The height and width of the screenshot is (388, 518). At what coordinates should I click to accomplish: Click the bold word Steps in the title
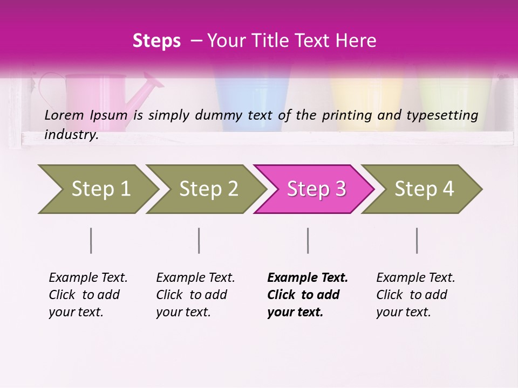point(156,41)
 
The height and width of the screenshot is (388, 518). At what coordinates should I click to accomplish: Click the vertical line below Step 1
point(91,240)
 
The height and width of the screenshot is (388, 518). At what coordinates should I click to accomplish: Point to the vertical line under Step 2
point(199,240)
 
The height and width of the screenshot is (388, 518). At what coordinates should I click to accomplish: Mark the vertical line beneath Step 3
point(308,240)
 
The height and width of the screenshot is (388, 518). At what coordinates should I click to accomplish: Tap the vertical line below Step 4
point(417,240)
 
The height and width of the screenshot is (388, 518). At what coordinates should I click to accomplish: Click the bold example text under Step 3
point(307,295)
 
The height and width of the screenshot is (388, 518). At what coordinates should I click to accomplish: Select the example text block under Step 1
point(88,295)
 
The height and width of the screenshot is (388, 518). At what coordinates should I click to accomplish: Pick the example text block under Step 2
point(195,295)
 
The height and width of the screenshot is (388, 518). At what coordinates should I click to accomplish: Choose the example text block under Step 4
point(415,295)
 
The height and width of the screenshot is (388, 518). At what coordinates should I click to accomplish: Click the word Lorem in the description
point(64,115)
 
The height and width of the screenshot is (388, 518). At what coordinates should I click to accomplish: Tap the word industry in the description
point(71,135)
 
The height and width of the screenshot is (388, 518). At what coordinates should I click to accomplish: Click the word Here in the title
point(356,41)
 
